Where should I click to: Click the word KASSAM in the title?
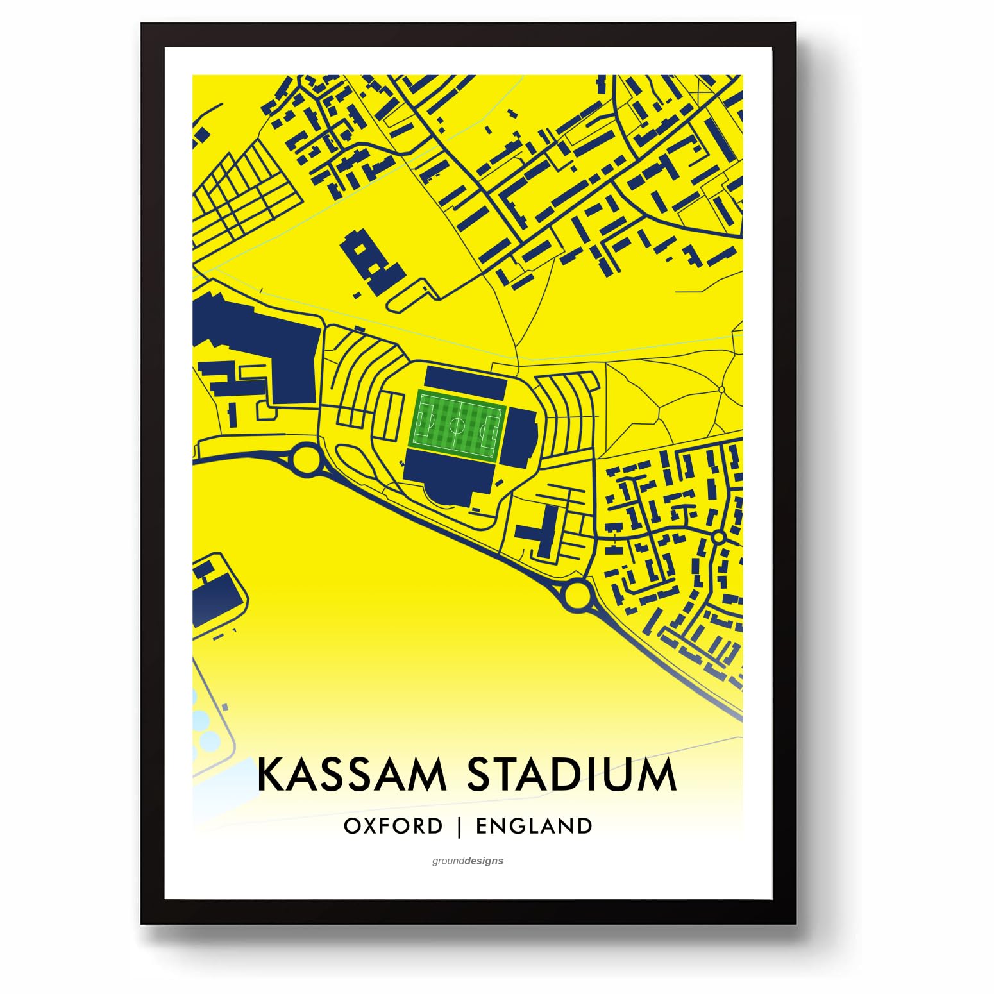tap(351, 775)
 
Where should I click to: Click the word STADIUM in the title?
tap(571, 775)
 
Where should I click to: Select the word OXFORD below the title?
tap(393, 826)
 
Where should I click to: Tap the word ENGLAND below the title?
tap(534, 826)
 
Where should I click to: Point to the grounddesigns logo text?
tap(468, 861)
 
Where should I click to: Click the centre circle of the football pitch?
tap(457, 424)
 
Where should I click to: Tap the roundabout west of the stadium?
tap(306, 459)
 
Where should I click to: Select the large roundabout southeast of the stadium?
tap(577, 594)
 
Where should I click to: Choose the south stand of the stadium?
tap(449, 478)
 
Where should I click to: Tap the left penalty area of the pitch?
tap(423, 423)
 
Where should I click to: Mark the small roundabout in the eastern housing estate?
tap(718, 536)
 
